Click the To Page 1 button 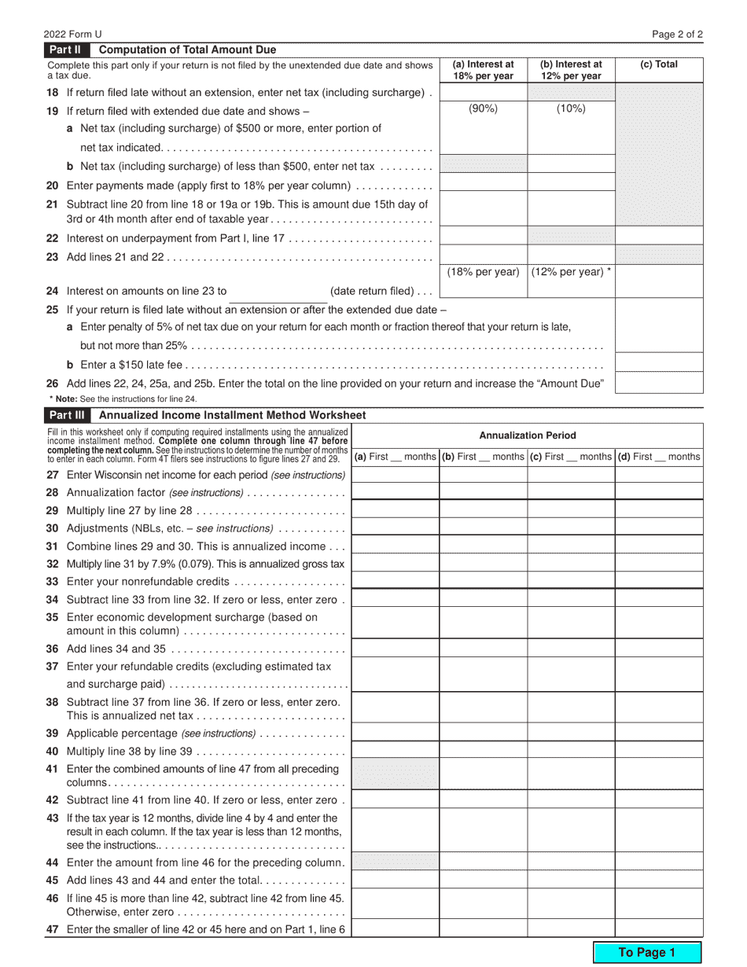(x=646, y=952)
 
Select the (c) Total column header (x=659, y=65)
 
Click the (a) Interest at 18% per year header (x=483, y=70)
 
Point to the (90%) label (x=483, y=109)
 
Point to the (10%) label (x=571, y=109)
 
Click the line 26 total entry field (x=659, y=383)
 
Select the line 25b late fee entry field (x=659, y=362)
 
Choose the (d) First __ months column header (x=659, y=457)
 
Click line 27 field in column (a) (x=395, y=474)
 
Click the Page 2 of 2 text (x=678, y=34)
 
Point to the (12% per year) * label (x=571, y=272)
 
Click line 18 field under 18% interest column (x=483, y=92)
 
